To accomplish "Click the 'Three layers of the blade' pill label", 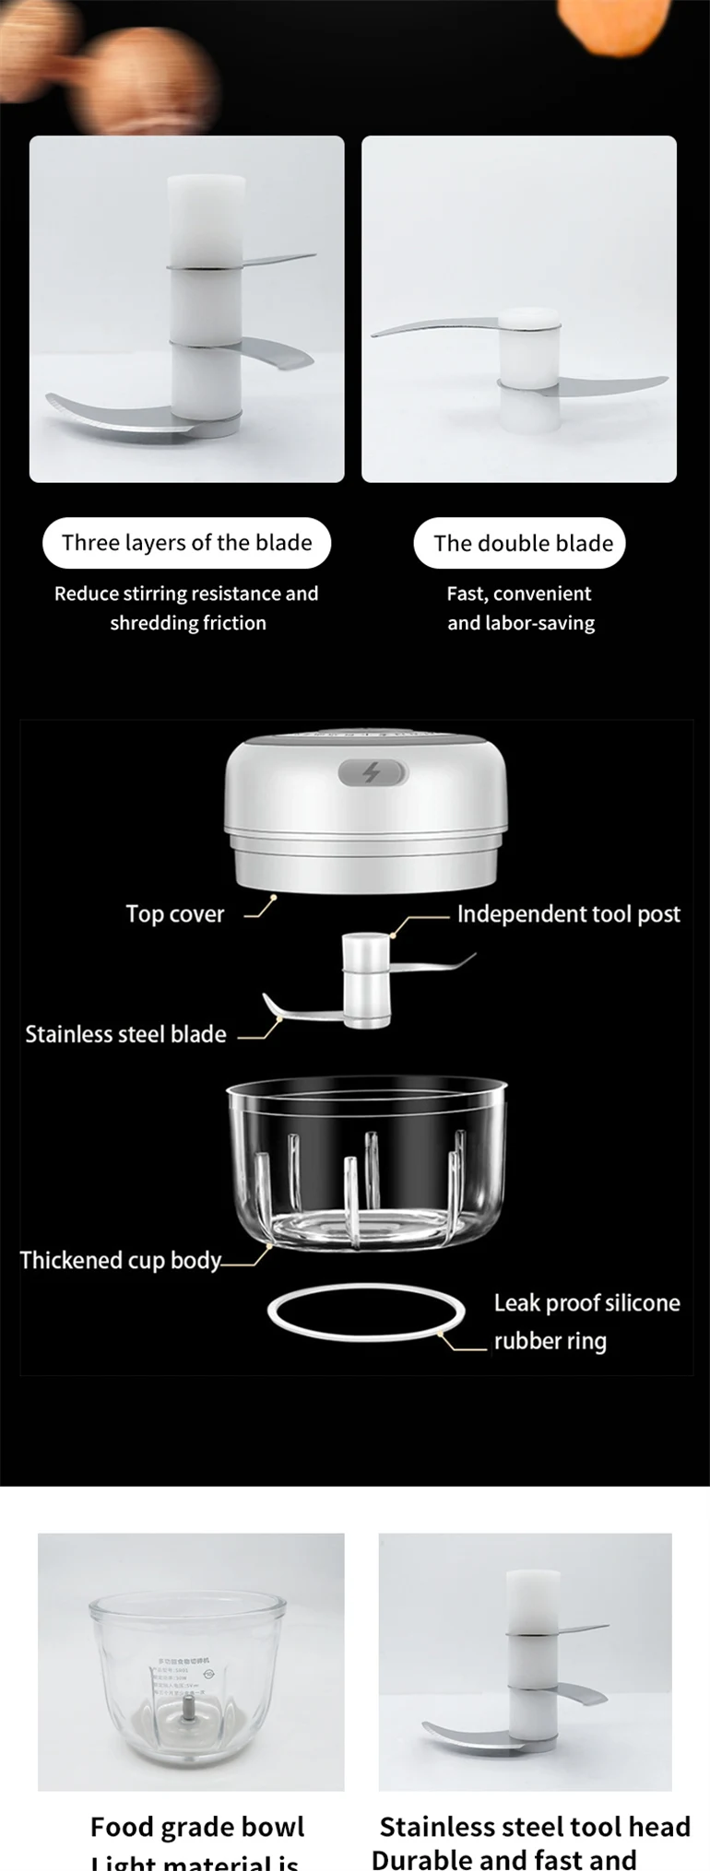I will (x=186, y=543).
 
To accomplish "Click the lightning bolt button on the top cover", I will (x=371, y=772).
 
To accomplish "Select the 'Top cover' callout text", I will (x=175, y=914).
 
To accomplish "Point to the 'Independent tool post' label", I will (x=568, y=914).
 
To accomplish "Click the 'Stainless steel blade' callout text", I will (x=125, y=1034).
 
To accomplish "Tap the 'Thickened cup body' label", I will (x=121, y=1260).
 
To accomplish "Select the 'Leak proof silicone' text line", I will (x=586, y=1303).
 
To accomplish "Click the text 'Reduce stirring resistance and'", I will (x=186, y=594).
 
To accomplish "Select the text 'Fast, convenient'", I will (x=519, y=594).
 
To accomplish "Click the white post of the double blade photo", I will (x=529, y=369).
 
